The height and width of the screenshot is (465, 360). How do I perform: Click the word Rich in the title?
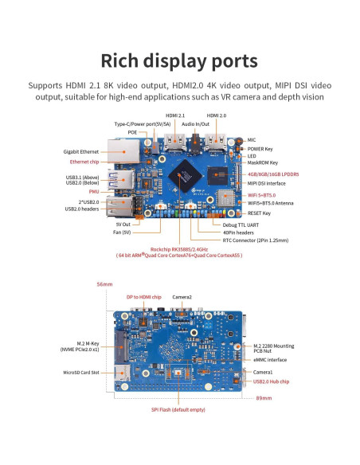coord(124,61)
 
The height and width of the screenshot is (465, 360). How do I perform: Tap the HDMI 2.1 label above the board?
coord(175,115)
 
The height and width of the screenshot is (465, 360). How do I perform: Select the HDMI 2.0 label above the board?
coord(218,115)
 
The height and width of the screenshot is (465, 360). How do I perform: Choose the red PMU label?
coord(94,191)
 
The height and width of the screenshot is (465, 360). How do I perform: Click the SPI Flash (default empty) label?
coord(178,409)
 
